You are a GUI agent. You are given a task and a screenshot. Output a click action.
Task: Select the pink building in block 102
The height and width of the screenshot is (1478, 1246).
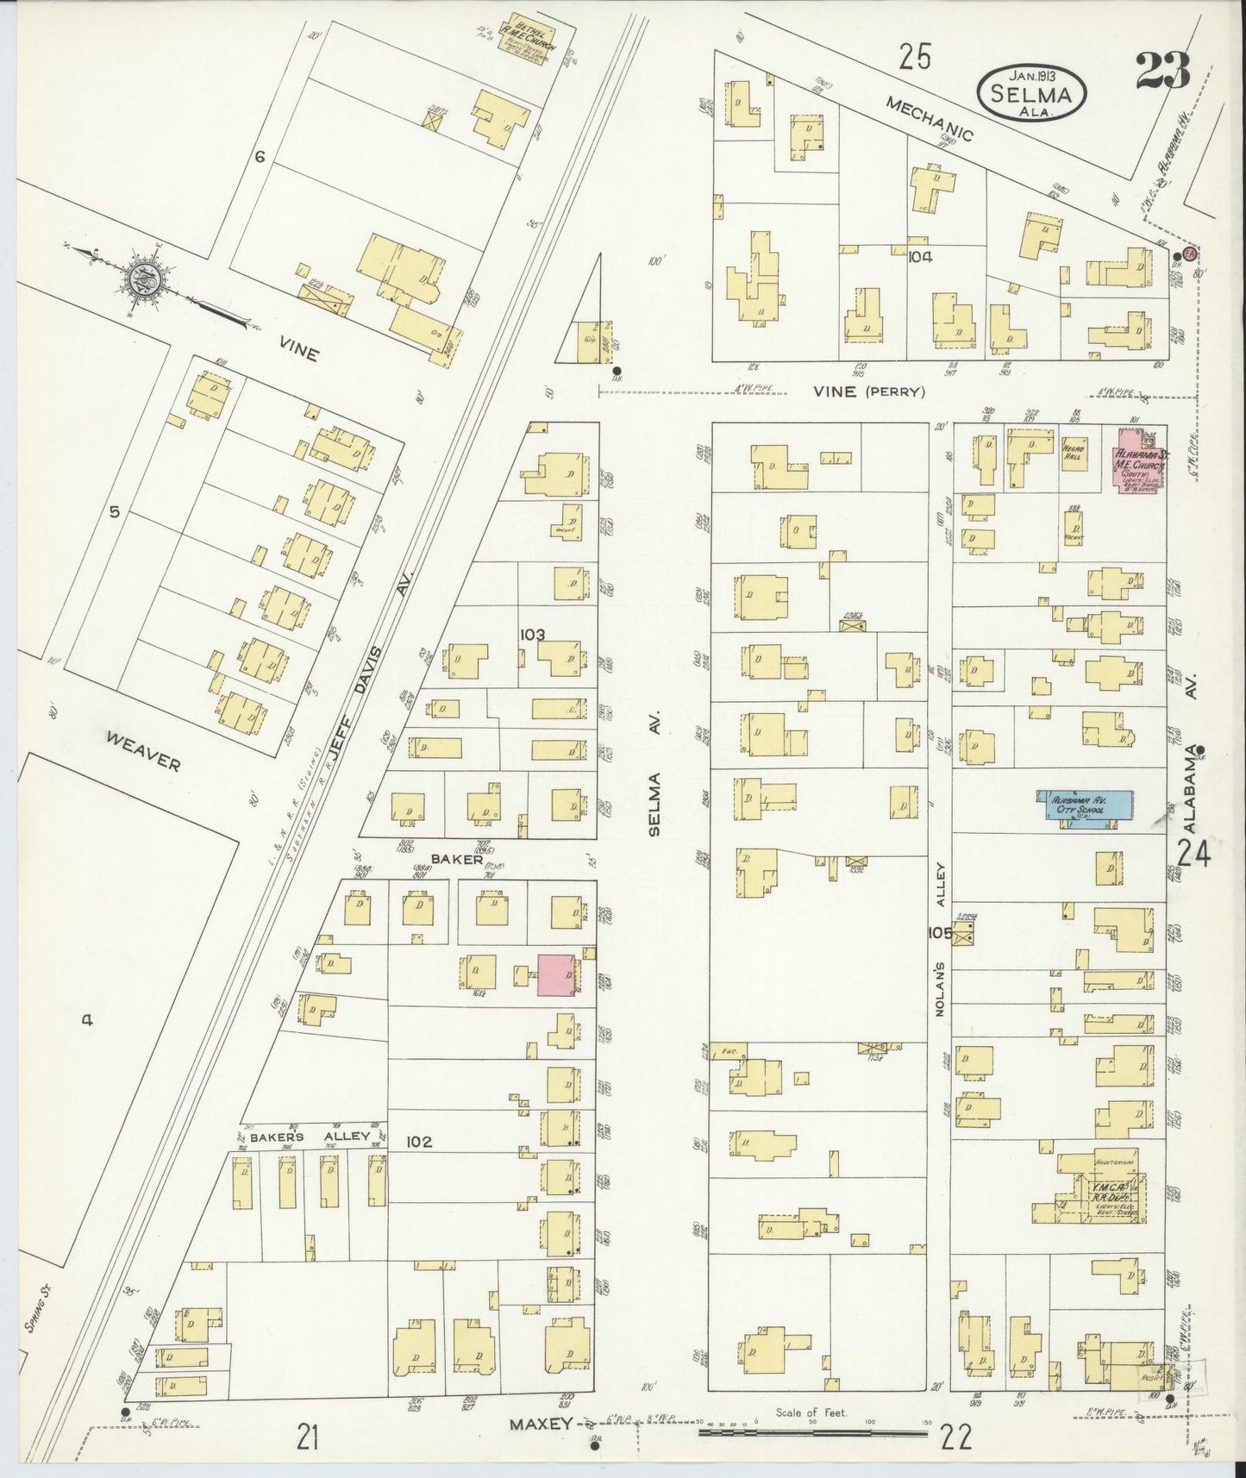click(x=557, y=974)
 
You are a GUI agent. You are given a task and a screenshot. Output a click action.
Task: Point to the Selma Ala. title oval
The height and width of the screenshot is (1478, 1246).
click(x=1032, y=87)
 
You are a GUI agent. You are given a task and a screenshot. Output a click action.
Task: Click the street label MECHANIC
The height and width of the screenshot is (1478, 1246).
click(x=930, y=119)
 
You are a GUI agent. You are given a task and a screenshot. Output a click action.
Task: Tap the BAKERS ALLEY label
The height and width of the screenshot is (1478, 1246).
click(x=310, y=1137)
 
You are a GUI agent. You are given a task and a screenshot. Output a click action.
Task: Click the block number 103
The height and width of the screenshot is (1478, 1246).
click(x=532, y=634)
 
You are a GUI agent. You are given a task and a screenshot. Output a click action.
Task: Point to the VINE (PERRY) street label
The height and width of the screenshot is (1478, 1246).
click(x=869, y=391)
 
